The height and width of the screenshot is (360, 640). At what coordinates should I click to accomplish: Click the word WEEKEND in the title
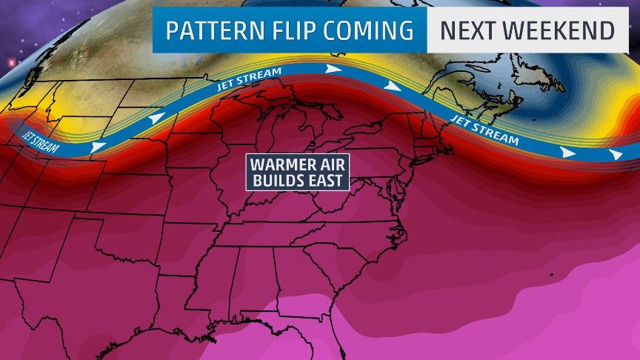562,31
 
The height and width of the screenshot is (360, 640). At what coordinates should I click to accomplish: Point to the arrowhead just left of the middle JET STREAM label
155,118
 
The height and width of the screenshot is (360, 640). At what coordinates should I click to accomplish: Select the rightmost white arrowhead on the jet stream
616,154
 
